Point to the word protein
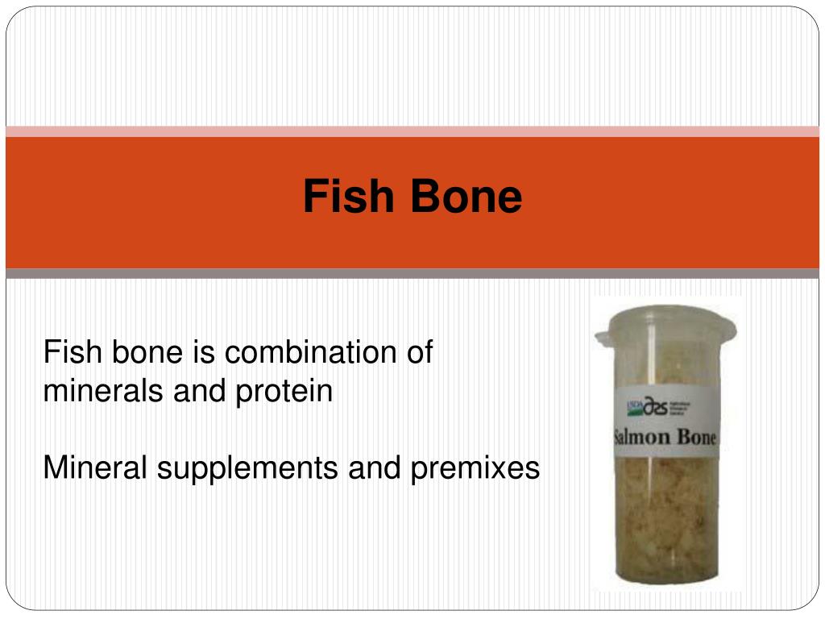pyautogui.click(x=284, y=392)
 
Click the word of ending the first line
pyautogui.click(x=421, y=353)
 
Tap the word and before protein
pyautogui.click(x=205, y=392)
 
